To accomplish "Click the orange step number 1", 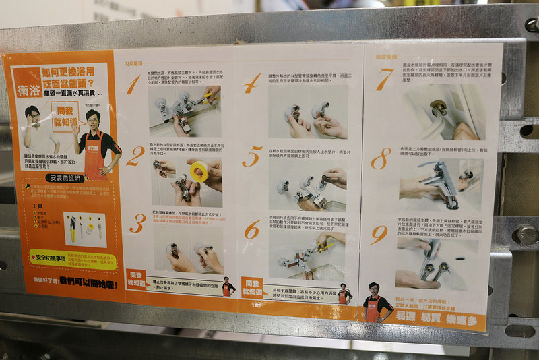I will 133,85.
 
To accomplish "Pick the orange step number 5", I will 252,157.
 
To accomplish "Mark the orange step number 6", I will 252,230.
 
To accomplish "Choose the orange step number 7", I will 383,80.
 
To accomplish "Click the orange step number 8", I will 381,158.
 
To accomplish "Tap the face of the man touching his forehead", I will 32,115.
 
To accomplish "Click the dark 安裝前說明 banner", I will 66,178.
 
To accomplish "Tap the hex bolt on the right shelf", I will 526,235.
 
